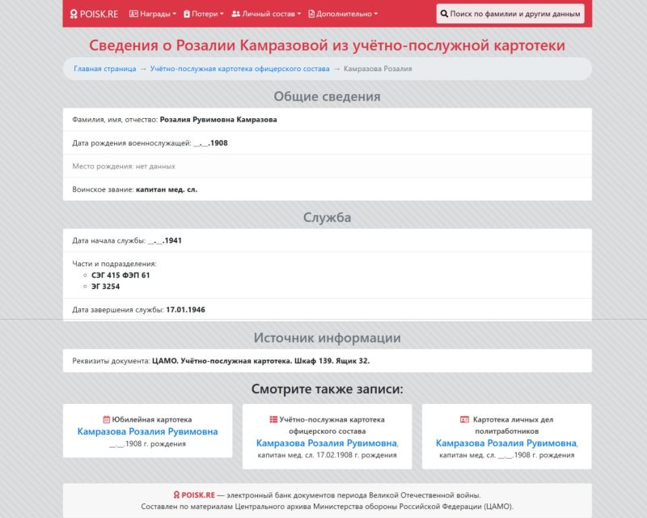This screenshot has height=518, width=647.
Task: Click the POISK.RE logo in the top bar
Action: [95, 14]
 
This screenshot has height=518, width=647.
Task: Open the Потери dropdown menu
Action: [204, 14]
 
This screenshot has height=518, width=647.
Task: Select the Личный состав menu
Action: [266, 14]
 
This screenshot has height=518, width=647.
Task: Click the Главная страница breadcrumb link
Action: [104, 69]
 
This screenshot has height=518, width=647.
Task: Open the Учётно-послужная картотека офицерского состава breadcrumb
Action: [239, 69]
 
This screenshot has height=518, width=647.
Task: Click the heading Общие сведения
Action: [327, 97]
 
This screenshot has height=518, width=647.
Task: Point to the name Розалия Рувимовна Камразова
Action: [218, 120]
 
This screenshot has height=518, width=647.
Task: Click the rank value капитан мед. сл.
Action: [167, 189]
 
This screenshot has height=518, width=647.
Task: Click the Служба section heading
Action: [327, 218]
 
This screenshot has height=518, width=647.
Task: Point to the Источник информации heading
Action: [327, 338]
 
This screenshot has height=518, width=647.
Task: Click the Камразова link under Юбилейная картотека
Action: [147, 432]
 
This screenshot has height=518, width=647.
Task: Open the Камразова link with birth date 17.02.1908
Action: [326, 444]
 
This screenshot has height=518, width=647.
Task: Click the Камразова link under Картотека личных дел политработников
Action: [505, 444]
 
